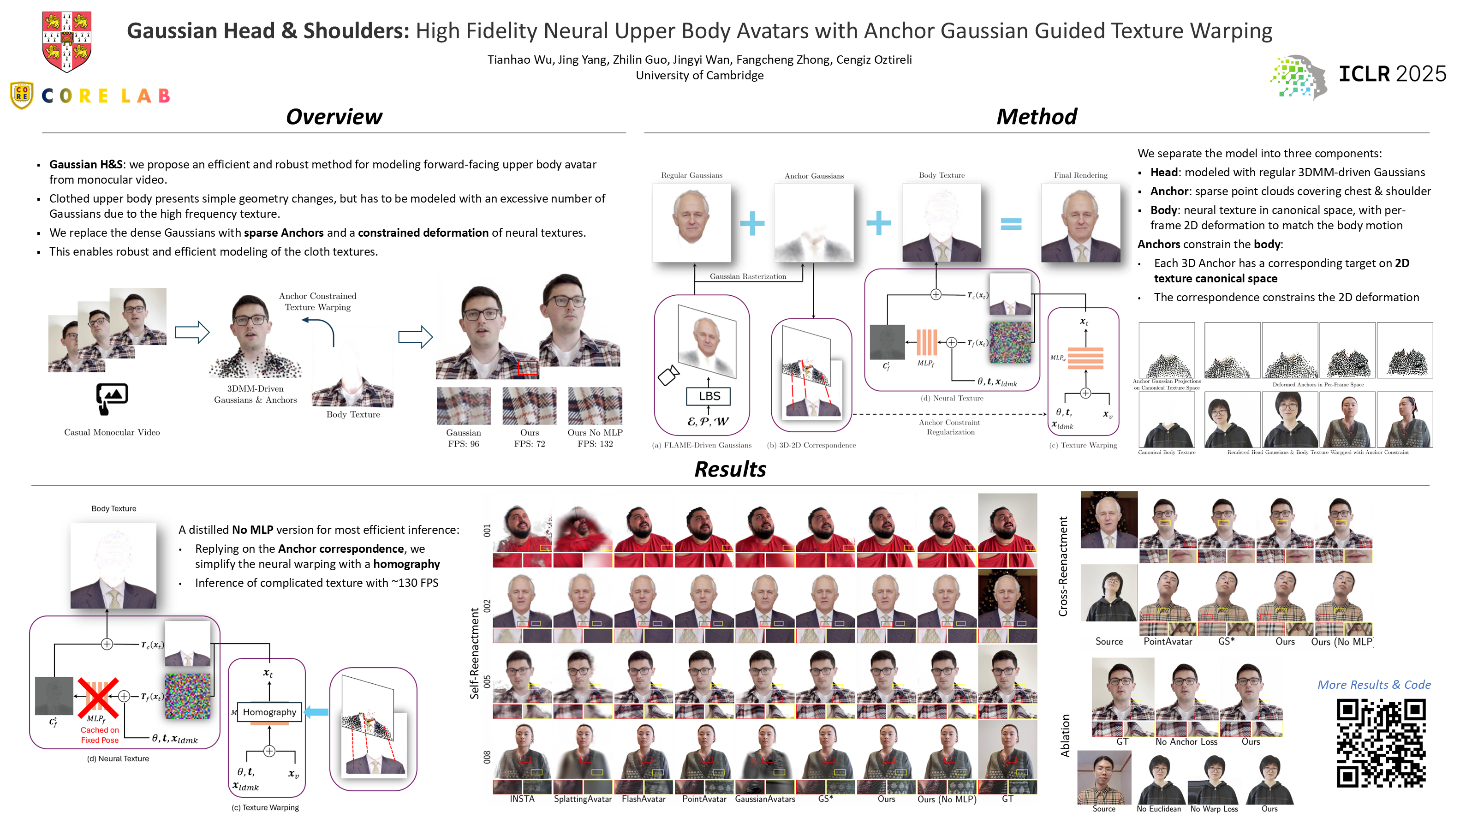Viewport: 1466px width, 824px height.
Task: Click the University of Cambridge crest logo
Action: click(66, 42)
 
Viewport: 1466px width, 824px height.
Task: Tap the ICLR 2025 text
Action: click(1391, 74)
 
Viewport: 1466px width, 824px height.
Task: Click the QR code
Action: click(1381, 743)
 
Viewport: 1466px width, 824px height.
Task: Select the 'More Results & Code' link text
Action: click(1373, 685)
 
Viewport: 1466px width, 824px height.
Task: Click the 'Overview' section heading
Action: click(334, 117)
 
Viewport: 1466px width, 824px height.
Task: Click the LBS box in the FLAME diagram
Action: click(709, 396)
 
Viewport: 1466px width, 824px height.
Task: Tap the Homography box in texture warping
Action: click(269, 712)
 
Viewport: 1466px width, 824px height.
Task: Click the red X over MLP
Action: click(98, 698)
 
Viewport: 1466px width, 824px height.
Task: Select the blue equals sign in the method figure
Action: click(1011, 224)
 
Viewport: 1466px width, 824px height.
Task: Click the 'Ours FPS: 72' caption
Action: click(529, 438)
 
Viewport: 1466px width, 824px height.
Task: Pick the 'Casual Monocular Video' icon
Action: click(112, 398)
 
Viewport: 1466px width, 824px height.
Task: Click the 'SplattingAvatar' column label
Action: click(582, 799)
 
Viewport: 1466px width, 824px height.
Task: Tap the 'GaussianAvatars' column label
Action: click(764, 799)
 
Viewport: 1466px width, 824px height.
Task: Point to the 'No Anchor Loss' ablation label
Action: click(1186, 741)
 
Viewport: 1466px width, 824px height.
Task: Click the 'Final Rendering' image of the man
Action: click(1080, 223)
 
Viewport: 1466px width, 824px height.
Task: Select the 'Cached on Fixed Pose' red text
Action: click(100, 734)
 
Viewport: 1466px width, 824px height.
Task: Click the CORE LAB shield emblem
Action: click(22, 95)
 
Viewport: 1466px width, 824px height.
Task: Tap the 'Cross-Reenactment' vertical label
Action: click(1062, 566)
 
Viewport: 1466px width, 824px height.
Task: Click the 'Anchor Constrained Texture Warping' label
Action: click(317, 302)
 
